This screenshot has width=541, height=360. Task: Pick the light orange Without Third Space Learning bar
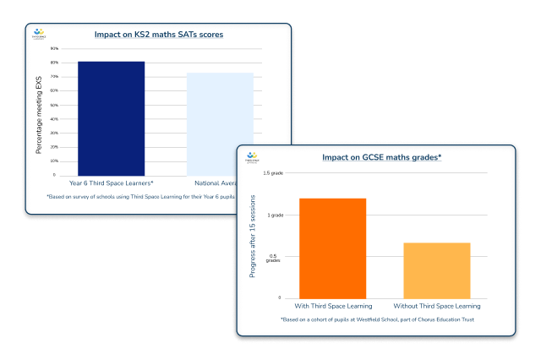click(436, 270)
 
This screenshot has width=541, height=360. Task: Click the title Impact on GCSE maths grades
click(382, 157)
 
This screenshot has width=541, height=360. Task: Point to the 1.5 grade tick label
click(272, 173)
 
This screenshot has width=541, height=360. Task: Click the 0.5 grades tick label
click(273, 258)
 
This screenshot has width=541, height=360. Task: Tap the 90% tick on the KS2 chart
click(54, 48)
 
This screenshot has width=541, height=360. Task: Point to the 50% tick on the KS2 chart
click(54, 105)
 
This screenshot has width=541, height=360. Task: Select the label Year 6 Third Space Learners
click(111, 183)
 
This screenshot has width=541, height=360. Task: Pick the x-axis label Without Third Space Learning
click(436, 305)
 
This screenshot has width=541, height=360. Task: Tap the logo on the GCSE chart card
click(251, 157)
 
